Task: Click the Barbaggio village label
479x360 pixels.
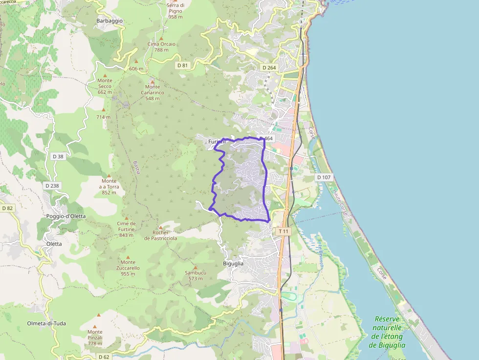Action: [x=109, y=21]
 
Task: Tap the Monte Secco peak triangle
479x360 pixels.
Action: [x=105, y=75]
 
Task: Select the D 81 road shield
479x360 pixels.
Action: [x=182, y=65]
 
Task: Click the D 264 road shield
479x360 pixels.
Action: [x=269, y=67]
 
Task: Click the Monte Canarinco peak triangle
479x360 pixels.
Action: [x=152, y=82]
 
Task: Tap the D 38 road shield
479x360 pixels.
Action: [x=58, y=156]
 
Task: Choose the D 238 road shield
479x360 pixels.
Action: [x=52, y=186]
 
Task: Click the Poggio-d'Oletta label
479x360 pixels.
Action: [x=66, y=216]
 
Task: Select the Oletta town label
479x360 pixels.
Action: [x=54, y=244]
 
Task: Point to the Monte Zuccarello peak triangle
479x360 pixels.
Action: [x=128, y=256]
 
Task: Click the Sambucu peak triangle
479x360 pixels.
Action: [x=196, y=267]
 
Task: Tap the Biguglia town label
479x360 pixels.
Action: [x=233, y=263]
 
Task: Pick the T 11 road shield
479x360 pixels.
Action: [x=283, y=231]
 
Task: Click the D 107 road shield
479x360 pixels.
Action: [x=324, y=177]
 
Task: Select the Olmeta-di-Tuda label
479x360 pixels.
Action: [x=46, y=323]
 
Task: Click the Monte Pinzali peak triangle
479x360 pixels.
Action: [x=99, y=315]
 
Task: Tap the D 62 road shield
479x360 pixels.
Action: [x=104, y=357]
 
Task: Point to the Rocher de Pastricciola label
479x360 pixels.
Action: [x=160, y=235]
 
